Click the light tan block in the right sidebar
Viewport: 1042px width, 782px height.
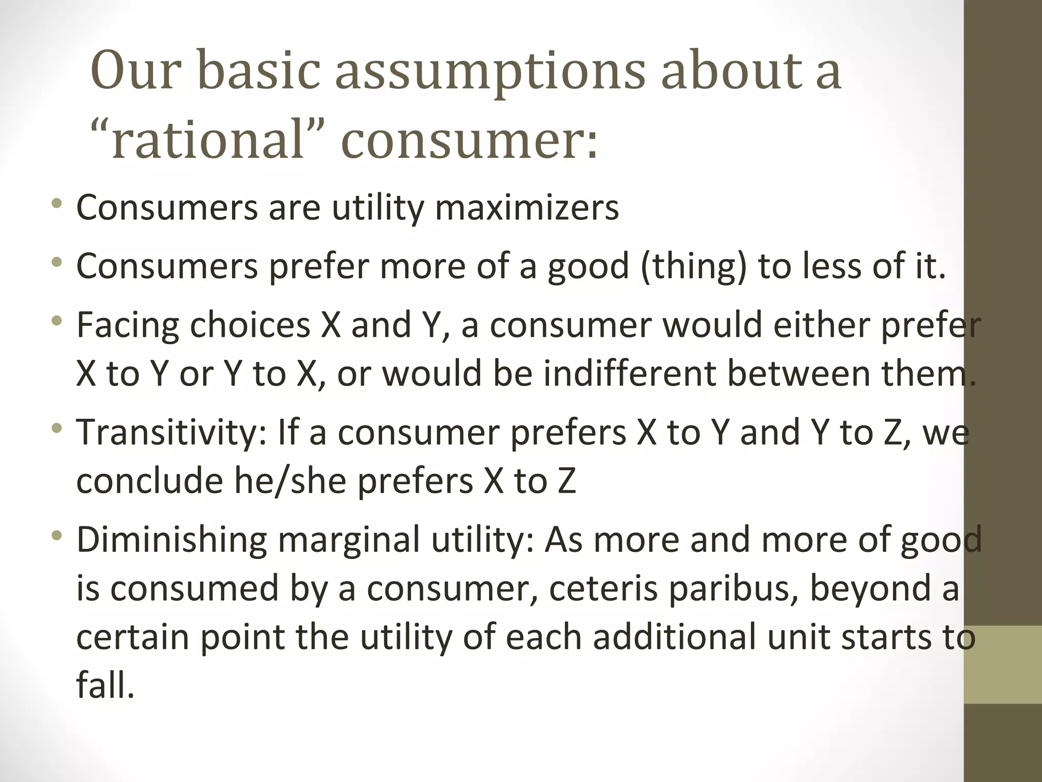(x=1003, y=664)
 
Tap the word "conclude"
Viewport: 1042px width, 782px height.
(x=149, y=481)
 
